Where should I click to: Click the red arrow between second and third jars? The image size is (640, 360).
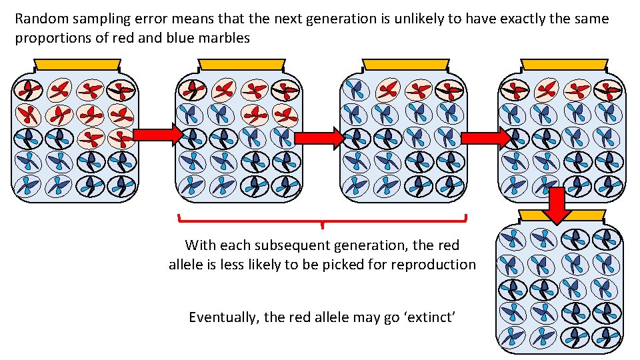pos(319,138)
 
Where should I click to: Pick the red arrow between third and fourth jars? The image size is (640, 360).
pos(485,138)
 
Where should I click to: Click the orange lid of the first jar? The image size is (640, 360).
pos(77,65)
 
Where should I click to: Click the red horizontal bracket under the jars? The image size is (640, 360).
pos(323,219)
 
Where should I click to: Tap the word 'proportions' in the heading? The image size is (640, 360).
pos(51,38)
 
